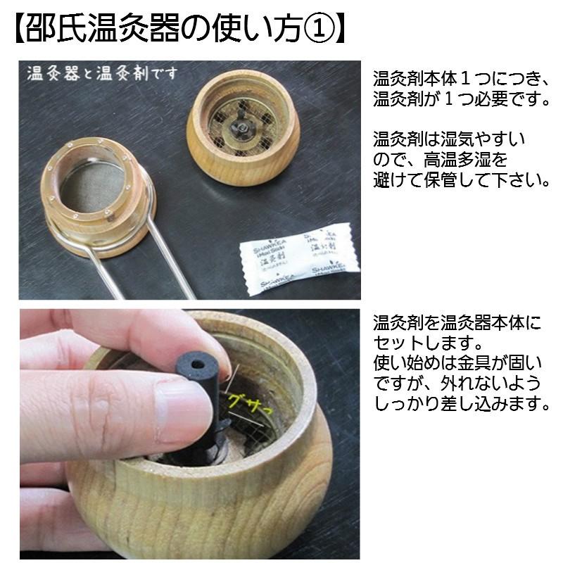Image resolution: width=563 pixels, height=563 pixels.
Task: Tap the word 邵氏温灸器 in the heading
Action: coord(99,30)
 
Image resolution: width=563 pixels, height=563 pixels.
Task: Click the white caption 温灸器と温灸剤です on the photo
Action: coord(102,73)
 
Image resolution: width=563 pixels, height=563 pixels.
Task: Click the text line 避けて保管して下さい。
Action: coord(461,180)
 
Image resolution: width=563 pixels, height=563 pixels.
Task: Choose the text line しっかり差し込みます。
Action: coord(461,405)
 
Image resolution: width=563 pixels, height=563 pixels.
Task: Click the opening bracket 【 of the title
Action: coord(20,30)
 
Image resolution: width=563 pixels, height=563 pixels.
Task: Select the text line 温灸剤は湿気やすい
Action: coord(449,139)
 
